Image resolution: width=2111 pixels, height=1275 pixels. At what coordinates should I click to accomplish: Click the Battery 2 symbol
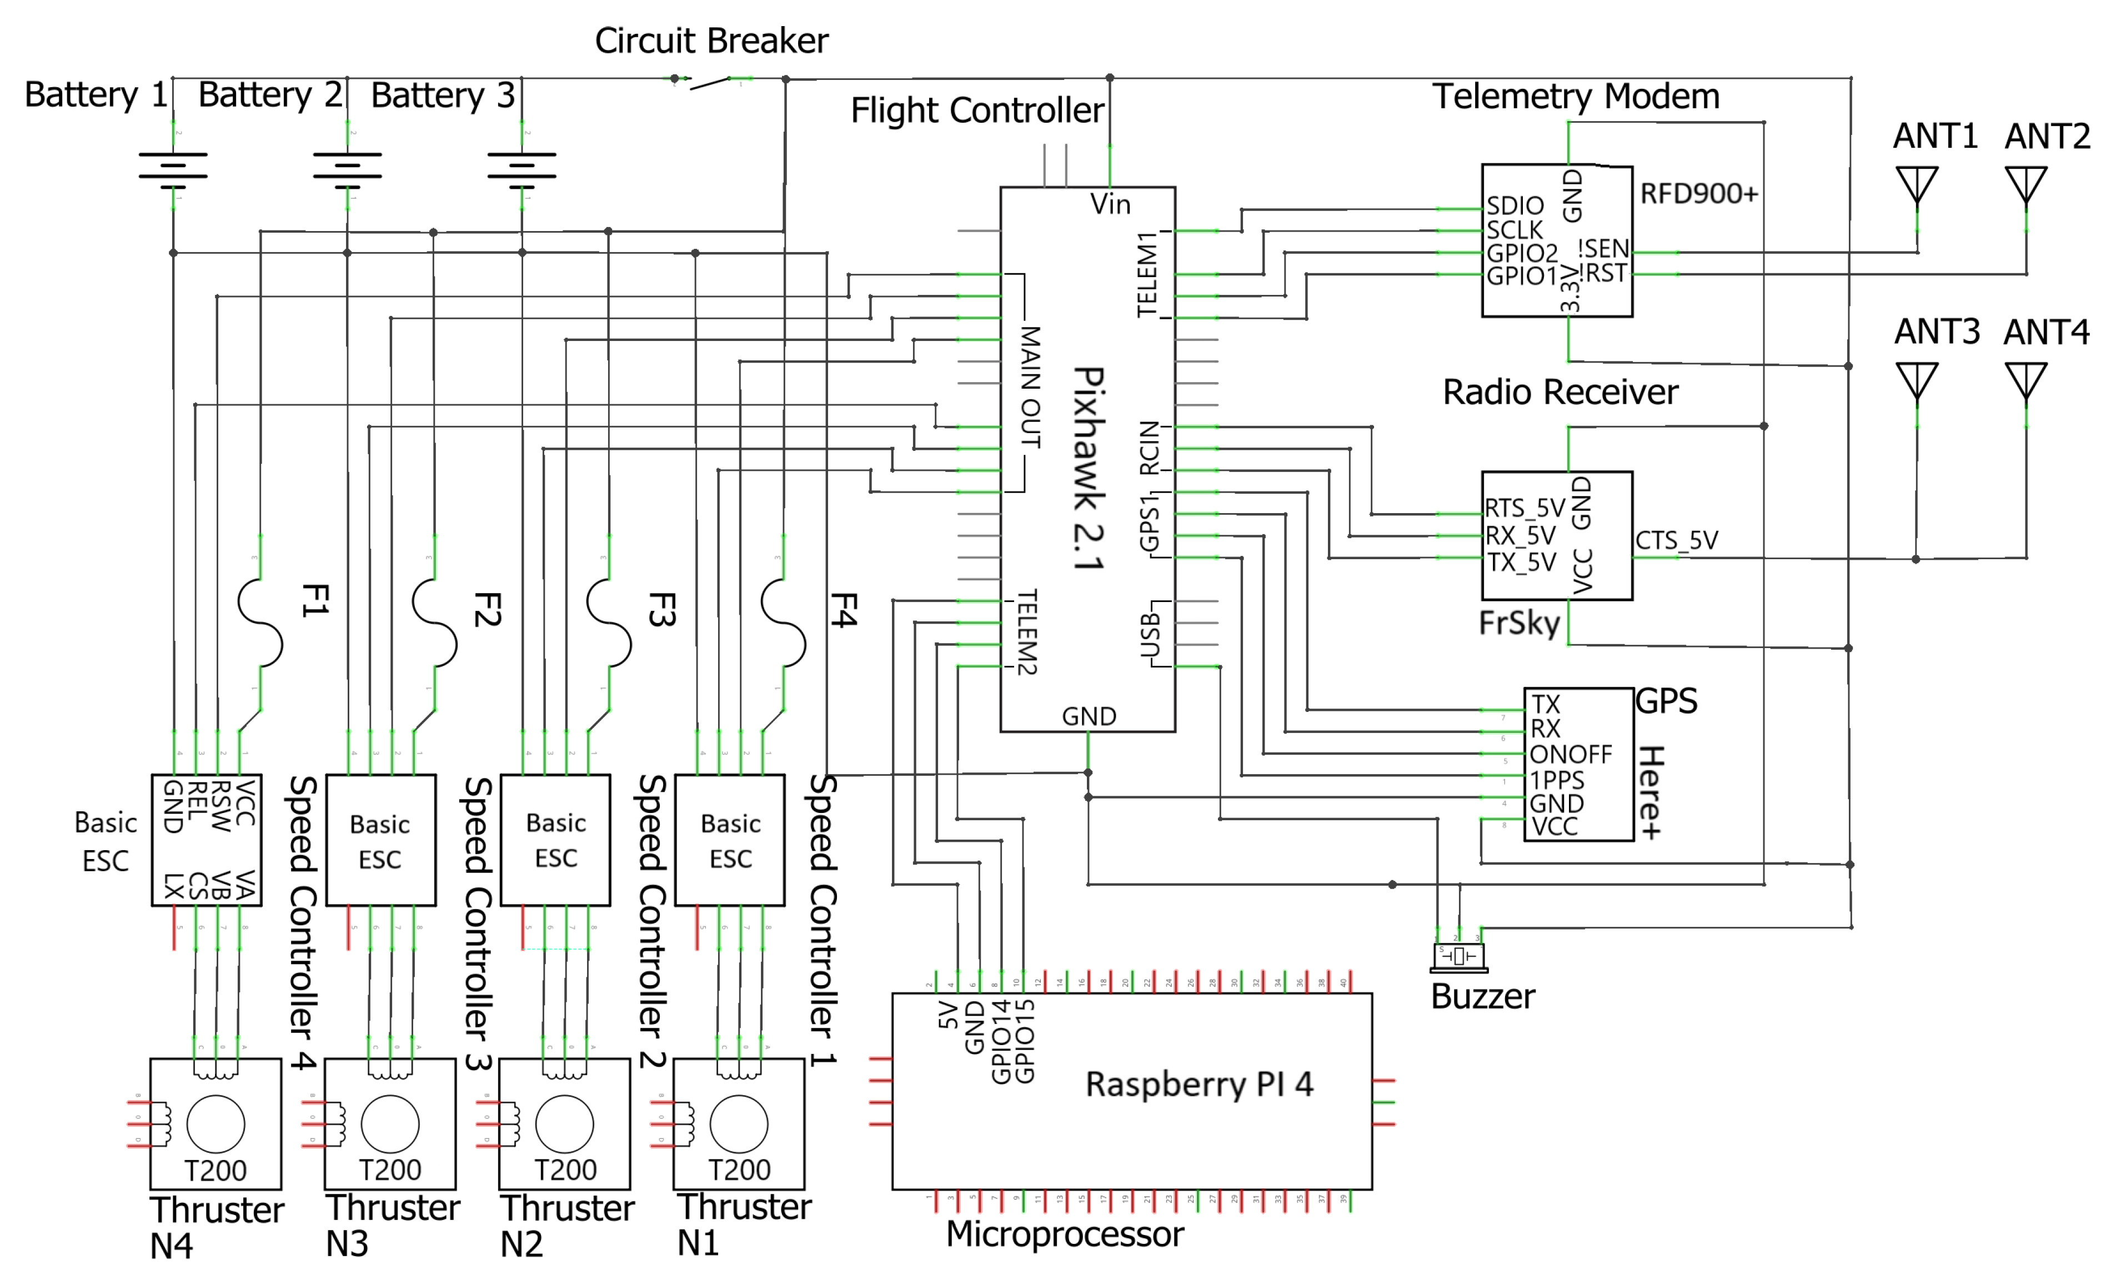pyautogui.click(x=347, y=169)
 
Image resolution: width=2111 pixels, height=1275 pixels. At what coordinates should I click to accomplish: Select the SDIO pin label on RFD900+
pyautogui.click(x=1515, y=205)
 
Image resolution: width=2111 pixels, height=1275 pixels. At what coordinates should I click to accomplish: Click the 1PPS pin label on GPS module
pyautogui.click(x=1557, y=780)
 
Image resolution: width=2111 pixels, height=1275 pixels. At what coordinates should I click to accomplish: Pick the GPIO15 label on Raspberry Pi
pyautogui.click(x=1026, y=1041)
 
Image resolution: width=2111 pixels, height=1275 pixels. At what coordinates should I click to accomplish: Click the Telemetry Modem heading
pyautogui.click(x=1576, y=96)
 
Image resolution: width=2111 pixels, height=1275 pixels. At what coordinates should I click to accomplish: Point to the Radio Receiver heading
pyautogui.click(x=1560, y=393)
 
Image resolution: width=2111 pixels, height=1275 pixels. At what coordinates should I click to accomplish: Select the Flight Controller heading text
pyautogui.click(x=977, y=111)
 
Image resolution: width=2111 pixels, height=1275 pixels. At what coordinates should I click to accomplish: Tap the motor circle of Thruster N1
pyautogui.click(x=739, y=1123)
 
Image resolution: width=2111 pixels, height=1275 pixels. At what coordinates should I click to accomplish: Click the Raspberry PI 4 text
pyautogui.click(x=1199, y=1084)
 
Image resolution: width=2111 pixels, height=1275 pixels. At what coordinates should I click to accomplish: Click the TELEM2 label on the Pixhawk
pyautogui.click(x=1027, y=631)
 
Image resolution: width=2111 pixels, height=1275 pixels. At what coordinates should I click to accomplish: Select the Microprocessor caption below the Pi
pyautogui.click(x=1064, y=1234)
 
